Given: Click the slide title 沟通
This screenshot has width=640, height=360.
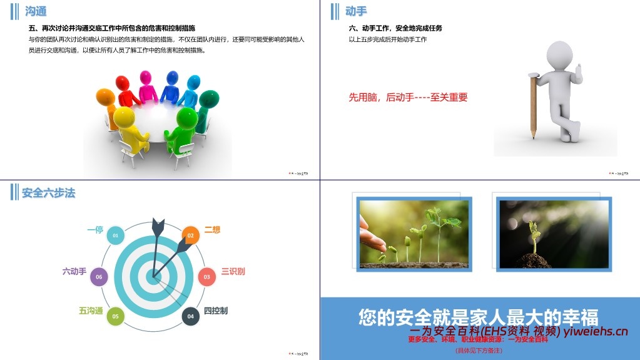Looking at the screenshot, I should (x=36, y=11).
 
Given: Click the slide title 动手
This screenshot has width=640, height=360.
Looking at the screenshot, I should (x=356, y=11).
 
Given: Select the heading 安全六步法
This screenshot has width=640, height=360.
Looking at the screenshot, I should (x=48, y=193).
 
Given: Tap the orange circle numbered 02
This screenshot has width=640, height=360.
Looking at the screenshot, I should (x=191, y=235).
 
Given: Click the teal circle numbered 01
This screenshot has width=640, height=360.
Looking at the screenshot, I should (x=114, y=235).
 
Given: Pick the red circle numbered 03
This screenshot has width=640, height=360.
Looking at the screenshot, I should (x=206, y=276).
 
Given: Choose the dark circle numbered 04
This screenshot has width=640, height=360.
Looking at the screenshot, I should (x=191, y=316).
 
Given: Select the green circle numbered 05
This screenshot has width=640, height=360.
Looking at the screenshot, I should (x=115, y=316).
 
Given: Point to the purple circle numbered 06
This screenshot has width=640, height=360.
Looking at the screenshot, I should (x=99, y=276).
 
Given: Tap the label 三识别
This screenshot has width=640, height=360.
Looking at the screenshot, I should (x=233, y=271).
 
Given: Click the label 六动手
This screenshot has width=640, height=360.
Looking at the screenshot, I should (x=74, y=271).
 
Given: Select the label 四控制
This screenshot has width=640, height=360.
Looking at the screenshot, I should (x=216, y=311).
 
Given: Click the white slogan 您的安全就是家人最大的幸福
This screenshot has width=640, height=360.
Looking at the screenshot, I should (x=479, y=317).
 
